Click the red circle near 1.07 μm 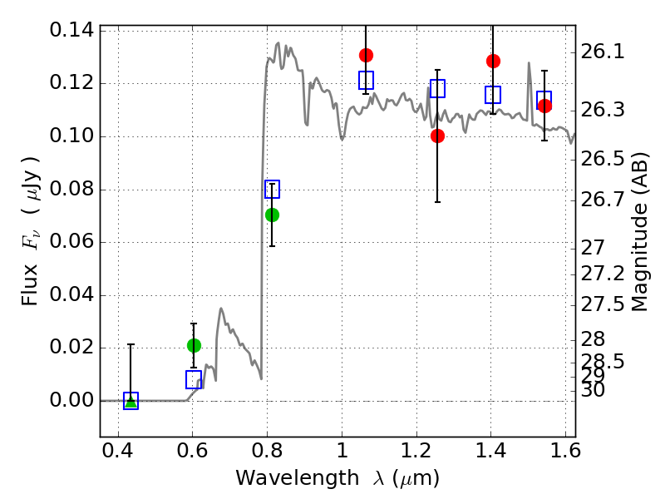[x=366, y=55]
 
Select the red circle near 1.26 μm [x=437, y=136]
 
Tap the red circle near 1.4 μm [x=493, y=61]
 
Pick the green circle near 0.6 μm [x=194, y=346]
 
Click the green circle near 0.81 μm [x=272, y=215]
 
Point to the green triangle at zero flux [x=131, y=402]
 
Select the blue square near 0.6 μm [x=194, y=379]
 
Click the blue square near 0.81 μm [x=272, y=190]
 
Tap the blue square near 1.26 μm [x=437, y=88]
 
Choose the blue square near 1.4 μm [x=493, y=95]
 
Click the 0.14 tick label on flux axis [x=71, y=30]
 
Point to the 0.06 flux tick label [x=71, y=241]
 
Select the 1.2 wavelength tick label [x=416, y=451]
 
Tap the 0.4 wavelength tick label [x=118, y=451]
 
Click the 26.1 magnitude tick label [x=602, y=52]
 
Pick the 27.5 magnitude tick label [x=602, y=304]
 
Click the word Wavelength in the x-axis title [x=298, y=478]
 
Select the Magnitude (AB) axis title [x=639, y=232]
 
